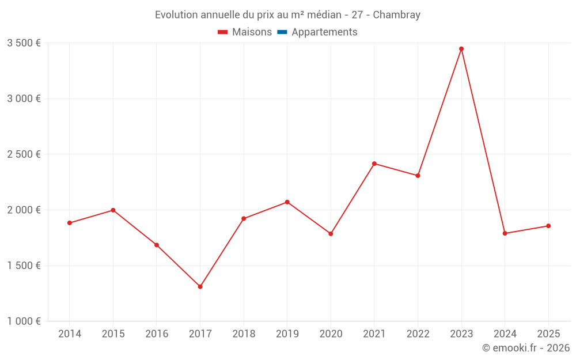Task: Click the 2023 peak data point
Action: tap(461, 49)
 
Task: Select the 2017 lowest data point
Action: tap(200, 286)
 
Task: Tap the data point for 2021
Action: tap(374, 164)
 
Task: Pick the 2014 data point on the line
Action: tap(70, 223)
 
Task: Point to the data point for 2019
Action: tap(287, 202)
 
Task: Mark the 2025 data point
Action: tap(548, 226)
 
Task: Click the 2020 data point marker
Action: tap(331, 234)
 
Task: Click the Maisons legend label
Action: tap(252, 32)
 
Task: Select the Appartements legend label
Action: tap(324, 32)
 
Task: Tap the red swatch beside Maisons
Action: tap(223, 32)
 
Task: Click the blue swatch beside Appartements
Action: tap(282, 32)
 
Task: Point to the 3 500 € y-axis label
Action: tap(24, 43)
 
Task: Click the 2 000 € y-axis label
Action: tap(24, 210)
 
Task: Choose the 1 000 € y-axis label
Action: tap(24, 321)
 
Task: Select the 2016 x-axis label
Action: tap(157, 334)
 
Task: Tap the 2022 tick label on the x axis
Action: tap(418, 334)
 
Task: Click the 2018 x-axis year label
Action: tap(244, 334)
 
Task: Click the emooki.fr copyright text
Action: tap(525, 348)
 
